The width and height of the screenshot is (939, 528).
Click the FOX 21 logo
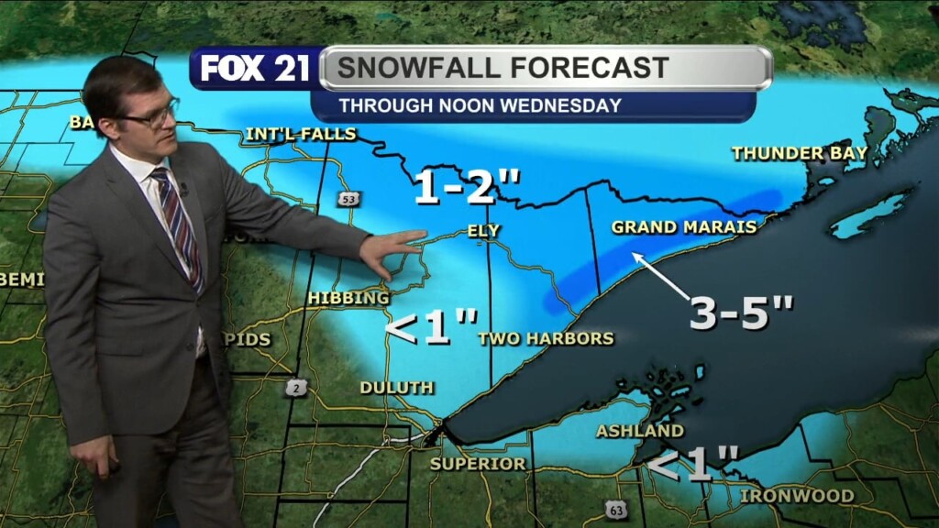(255, 69)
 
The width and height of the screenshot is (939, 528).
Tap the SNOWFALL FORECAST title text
(502, 68)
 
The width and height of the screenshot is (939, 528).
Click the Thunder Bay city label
(800, 153)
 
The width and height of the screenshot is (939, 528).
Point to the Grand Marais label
(684, 226)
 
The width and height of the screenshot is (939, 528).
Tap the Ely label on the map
(483, 231)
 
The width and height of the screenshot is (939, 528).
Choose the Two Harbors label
(546, 338)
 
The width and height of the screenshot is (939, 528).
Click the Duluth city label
(396, 388)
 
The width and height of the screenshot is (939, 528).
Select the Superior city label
(479, 464)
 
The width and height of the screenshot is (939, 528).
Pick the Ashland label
(639, 431)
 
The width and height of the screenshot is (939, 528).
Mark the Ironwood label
(797, 496)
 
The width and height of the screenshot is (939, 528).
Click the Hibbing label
(348, 298)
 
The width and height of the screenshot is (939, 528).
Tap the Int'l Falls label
(301, 135)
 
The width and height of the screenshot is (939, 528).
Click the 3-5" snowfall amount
(741, 313)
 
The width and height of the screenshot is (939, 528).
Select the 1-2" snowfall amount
(467, 189)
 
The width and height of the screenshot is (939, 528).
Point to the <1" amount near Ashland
(693, 464)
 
